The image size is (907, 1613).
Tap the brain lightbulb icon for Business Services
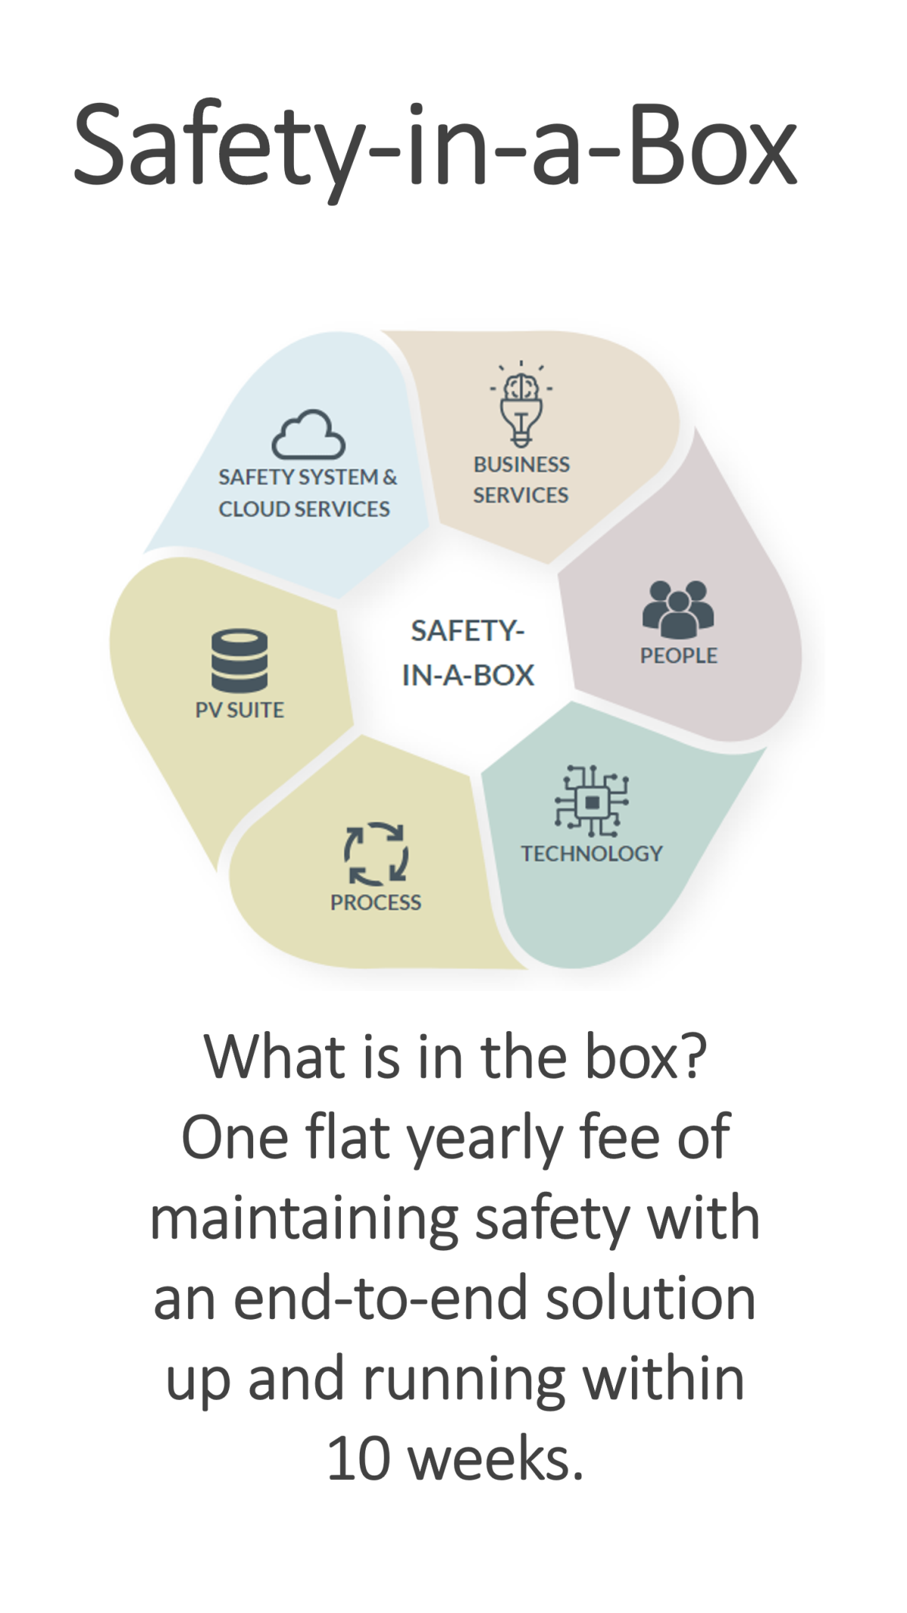click(521, 404)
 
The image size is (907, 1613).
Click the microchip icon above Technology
click(592, 801)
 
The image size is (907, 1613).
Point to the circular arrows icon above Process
click(376, 854)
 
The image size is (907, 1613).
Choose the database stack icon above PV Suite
click(239, 661)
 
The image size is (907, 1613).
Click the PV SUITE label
click(240, 711)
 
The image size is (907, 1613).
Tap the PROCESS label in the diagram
click(376, 902)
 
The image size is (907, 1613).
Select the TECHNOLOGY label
click(591, 853)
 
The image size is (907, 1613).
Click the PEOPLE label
click(678, 656)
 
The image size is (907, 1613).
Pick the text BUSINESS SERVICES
click(521, 480)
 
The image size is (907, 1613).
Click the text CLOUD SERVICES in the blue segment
click(304, 509)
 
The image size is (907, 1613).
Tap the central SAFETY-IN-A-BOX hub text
click(467, 653)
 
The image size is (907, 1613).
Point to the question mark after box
click(694, 1057)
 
